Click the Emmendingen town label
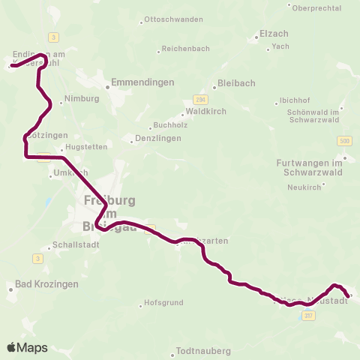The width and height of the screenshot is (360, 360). (142, 82)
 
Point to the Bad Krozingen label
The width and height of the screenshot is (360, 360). (46, 286)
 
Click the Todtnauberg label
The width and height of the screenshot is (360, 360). (204, 350)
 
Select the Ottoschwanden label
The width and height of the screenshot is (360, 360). (173, 19)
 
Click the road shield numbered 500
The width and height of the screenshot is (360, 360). (344, 141)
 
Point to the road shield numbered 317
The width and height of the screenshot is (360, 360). (308, 316)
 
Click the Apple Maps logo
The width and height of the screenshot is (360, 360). (27, 347)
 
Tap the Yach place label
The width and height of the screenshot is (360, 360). (280, 46)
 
